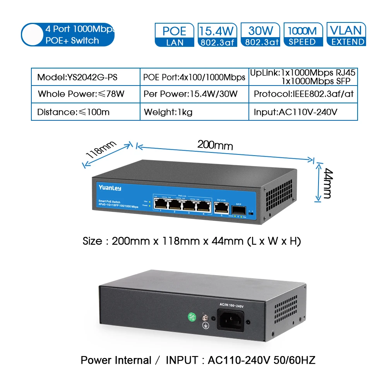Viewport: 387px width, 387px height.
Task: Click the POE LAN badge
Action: point(175,35)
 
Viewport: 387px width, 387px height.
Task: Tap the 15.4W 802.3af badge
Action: point(217,35)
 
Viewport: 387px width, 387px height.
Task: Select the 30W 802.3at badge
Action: point(260,35)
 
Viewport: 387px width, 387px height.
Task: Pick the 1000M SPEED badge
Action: point(302,35)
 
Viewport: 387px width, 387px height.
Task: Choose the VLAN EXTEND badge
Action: point(346,35)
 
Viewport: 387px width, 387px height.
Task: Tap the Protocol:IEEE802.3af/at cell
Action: point(303,94)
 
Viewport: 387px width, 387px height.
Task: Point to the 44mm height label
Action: point(327,183)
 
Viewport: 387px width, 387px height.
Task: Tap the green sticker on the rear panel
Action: point(191,316)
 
